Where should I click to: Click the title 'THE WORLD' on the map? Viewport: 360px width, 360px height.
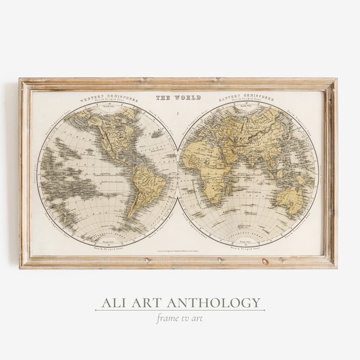pos(178,98)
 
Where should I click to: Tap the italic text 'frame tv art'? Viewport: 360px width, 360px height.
pos(179,318)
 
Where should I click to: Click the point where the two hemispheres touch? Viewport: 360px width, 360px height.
pos(178,171)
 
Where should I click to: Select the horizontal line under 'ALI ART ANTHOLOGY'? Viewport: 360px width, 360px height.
pos(179,310)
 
